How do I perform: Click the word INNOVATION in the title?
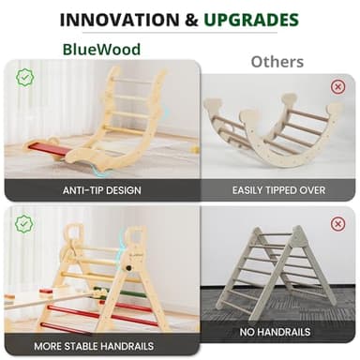coord(113,19)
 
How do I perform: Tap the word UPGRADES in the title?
coord(255,19)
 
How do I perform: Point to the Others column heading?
coord(277,62)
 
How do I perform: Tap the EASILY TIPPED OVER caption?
coord(278,189)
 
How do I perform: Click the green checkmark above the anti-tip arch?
coord(24,77)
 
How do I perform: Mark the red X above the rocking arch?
coord(337,87)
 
